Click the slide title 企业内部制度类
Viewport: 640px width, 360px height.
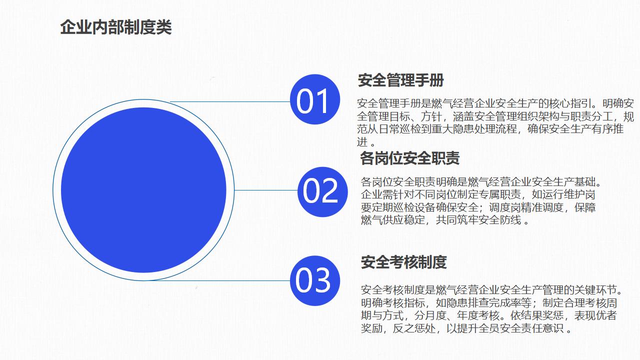[x=115, y=27]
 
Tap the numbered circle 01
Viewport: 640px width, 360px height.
[x=315, y=99]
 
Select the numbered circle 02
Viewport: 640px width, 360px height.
[x=322, y=191]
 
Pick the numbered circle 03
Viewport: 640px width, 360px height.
[x=315, y=280]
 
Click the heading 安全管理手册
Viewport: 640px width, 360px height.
[x=401, y=80]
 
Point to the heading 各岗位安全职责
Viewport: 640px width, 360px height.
[x=409, y=158]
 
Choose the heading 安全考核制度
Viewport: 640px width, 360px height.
[x=403, y=262]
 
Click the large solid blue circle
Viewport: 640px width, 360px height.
[x=143, y=190]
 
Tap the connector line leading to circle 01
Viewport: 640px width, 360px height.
[x=230, y=101]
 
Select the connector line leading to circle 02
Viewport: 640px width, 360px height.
[x=266, y=190]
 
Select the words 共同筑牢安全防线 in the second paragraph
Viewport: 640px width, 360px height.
[x=478, y=220]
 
